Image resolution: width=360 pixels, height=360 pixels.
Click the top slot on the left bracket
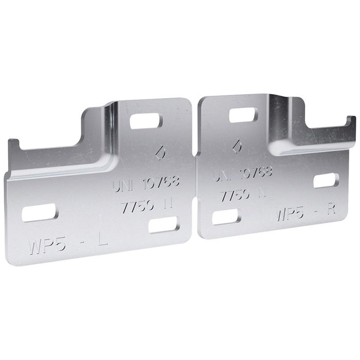point(146,121)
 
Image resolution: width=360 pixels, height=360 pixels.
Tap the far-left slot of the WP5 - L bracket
point(39,212)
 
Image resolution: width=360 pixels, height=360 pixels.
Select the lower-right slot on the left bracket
point(164,225)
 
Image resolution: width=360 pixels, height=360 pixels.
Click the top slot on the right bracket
point(243,115)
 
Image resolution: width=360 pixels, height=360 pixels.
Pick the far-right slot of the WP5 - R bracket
point(326,181)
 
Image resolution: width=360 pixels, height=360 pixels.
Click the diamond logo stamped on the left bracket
point(160,153)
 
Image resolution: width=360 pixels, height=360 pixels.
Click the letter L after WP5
point(103,240)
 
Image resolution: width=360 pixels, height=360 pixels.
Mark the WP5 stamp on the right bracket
point(291,213)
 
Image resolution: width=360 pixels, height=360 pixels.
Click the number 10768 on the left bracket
point(161,182)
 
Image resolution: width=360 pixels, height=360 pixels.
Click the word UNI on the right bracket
point(222,176)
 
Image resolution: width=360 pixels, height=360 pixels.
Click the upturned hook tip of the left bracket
point(12,143)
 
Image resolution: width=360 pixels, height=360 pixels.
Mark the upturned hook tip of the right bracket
point(352,121)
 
